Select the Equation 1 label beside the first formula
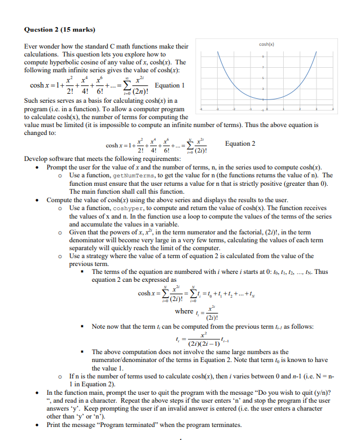[169, 85]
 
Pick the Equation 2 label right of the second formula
[240, 143]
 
